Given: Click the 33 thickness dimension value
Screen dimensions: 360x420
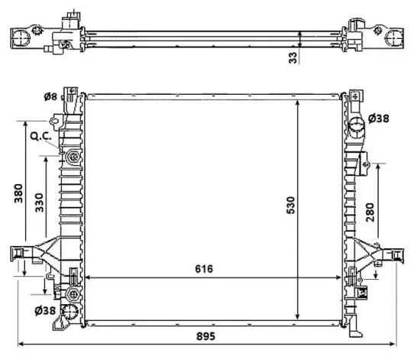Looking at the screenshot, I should click(292, 58).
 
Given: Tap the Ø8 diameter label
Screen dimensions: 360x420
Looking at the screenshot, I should click(51, 97).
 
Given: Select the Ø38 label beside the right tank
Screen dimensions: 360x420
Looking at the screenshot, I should click(380, 118).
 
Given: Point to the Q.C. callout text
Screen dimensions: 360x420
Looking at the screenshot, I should click(40, 137).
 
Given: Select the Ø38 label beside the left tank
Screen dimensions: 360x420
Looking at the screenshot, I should click(45, 310).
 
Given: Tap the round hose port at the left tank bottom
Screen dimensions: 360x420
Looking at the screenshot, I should click(71, 312).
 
